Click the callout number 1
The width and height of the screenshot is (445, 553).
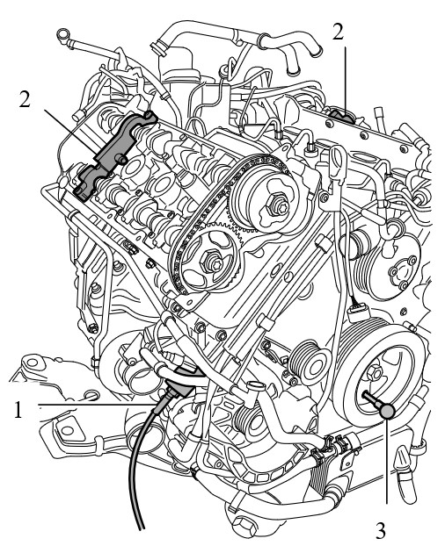[18, 410]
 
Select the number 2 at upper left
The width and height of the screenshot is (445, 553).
[25, 99]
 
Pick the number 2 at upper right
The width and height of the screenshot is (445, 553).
[339, 32]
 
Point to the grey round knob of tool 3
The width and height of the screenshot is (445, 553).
[387, 411]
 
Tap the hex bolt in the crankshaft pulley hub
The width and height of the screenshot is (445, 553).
[374, 373]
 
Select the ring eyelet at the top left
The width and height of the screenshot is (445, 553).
[64, 36]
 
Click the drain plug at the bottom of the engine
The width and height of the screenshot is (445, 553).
[244, 528]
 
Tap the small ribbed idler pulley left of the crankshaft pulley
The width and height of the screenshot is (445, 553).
[308, 361]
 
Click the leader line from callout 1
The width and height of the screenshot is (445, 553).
[97, 404]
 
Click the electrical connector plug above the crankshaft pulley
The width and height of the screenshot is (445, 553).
[359, 312]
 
